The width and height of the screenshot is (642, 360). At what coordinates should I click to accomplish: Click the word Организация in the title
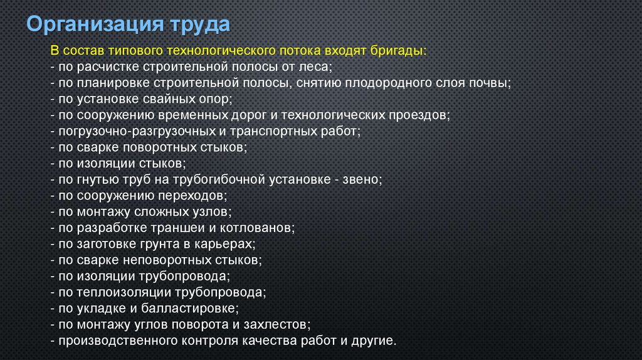95,24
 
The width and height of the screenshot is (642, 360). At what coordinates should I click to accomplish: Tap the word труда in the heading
200,24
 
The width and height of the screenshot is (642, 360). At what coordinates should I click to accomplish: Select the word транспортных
275,132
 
